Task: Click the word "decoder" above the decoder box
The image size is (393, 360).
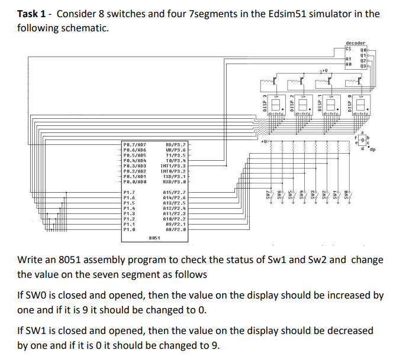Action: (x=355, y=43)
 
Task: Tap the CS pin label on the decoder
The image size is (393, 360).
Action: (x=347, y=48)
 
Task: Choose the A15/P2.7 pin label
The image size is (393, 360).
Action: (x=175, y=193)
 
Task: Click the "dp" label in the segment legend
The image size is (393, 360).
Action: (x=373, y=150)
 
